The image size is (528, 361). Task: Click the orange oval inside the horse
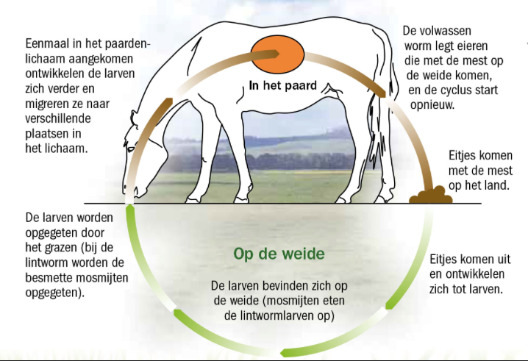click(278, 54)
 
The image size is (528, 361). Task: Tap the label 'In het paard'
click(283, 85)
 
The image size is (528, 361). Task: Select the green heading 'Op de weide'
click(279, 254)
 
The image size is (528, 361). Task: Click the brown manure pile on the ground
click(431, 195)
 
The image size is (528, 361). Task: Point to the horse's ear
click(135, 118)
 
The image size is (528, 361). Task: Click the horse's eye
click(132, 149)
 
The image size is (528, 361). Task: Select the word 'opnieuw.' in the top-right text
click(432, 105)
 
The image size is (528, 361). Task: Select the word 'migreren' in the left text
click(49, 104)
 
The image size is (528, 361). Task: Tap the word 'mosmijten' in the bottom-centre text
click(292, 301)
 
